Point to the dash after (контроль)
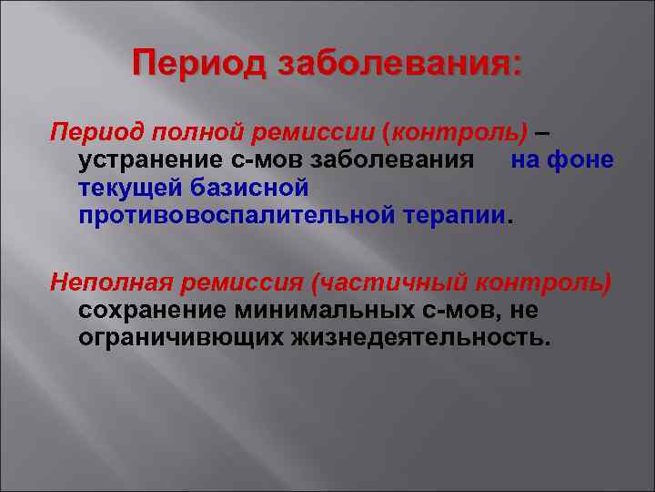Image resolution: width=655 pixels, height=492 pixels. tap(541, 134)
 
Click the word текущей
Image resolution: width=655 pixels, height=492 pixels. tap(130, 188)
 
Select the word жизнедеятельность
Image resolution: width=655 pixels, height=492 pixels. tap(419, 338)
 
